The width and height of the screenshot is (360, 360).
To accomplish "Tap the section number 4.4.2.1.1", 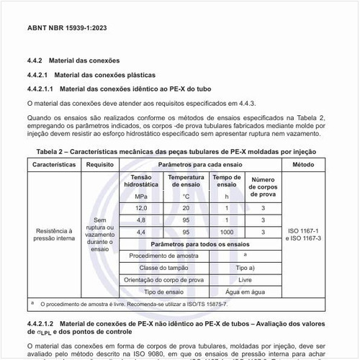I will [x=41, y=90].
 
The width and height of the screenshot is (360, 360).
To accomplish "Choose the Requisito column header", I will [x=101, y=165].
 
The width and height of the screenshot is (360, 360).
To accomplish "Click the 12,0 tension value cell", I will [x=140, y=208].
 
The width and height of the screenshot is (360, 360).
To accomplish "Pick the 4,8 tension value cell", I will [x=140, y=220].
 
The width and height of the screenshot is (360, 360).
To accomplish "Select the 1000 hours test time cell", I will [x=227, y=232].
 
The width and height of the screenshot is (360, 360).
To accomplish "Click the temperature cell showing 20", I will [x=186, y=208].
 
